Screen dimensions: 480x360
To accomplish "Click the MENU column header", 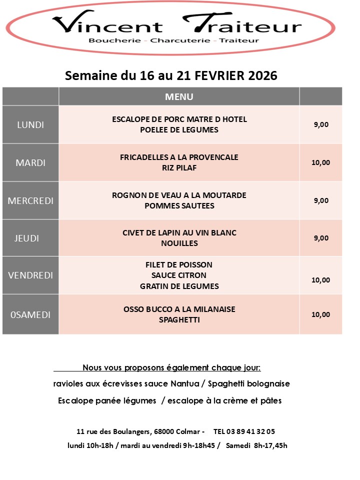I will [x=179, y=96].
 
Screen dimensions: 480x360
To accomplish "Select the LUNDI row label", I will [x=30, y=125].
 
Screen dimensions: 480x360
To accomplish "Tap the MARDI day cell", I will [x=30, y=163].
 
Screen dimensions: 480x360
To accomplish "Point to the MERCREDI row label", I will [x=30, y=200].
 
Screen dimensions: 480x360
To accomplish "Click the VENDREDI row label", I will [x=30, y=275].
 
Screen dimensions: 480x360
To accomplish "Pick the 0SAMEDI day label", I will [x=30, y=314].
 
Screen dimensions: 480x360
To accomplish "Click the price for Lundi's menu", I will [x=321, y=125].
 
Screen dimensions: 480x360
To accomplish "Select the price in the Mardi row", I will [x=321, y=162].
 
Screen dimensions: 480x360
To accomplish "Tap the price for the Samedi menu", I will [x=321, y=314].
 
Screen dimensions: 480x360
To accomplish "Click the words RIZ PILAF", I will [x=179, y=168].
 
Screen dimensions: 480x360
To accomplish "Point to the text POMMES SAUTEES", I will [x=179, y=205].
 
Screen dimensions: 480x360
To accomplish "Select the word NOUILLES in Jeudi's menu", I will [x=179, y=243].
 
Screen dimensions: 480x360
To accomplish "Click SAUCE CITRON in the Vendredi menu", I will [x=179, y=275].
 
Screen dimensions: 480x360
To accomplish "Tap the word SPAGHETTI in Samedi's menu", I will [x=179, y=319].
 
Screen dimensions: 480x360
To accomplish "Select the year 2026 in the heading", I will [x=259, y=75].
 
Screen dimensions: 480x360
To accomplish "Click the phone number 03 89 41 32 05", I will [x=244, y=431].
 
